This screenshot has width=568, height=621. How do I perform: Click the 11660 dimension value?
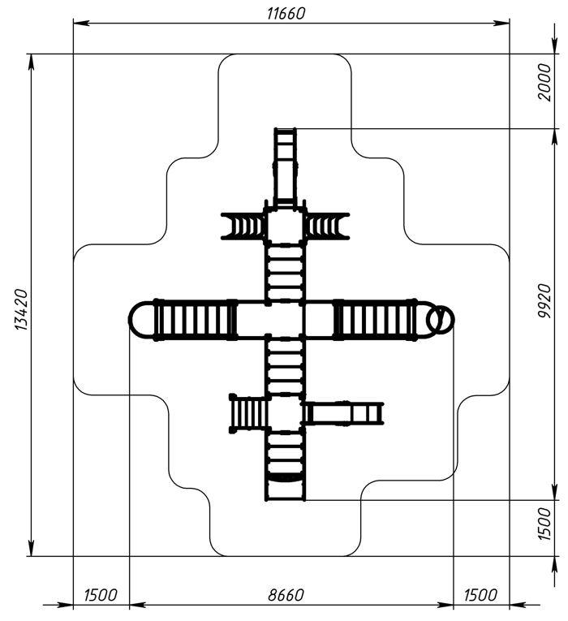[286, 14]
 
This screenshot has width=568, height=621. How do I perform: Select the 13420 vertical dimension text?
[21, 310]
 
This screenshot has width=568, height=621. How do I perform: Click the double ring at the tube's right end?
[440, 319]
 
